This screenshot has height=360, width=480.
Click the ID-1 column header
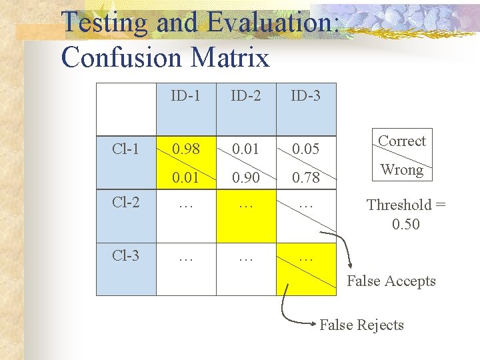click(185, 96)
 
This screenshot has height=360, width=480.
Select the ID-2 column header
click(245, 96)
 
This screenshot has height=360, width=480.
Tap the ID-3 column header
click(305, 96)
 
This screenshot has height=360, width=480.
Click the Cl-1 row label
click(125, 148)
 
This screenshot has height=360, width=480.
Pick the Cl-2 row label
click(125, 201)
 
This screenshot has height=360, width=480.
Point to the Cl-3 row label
click(125, 255)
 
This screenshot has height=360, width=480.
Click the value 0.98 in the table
click(185, 149)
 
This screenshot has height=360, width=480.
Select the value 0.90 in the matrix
click(245, 178)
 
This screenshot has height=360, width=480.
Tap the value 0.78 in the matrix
click(305, 178)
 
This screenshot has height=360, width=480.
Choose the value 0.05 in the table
click(305, 149)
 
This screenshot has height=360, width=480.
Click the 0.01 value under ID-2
click(245, 149)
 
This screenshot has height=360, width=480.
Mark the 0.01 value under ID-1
click(185, 178)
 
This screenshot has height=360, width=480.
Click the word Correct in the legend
click(401, 141)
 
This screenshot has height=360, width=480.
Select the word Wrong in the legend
click(401, 170)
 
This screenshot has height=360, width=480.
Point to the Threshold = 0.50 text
click(406, 214)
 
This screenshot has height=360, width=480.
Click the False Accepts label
click(391, 281)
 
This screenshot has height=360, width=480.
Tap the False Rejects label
click(362, 325)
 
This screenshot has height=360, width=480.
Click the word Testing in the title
click(104, 23)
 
